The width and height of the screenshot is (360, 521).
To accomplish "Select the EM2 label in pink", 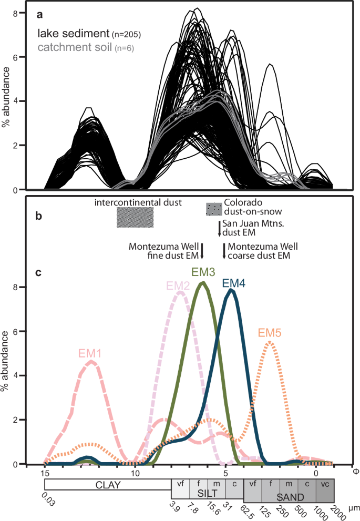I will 177,285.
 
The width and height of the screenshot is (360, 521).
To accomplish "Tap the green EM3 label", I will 202,273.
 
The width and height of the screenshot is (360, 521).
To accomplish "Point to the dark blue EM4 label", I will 233,283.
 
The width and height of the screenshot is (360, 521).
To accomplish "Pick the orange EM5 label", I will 270,333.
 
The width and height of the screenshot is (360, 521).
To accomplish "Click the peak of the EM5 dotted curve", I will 270,342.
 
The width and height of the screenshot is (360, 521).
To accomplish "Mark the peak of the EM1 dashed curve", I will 91,361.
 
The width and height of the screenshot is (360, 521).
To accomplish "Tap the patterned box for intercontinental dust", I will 135,217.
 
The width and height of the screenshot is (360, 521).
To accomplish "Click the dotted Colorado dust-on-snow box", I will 213,209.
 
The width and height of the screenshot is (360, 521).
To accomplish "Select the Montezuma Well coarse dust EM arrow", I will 224,251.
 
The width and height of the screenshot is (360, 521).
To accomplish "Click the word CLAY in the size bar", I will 108,485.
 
